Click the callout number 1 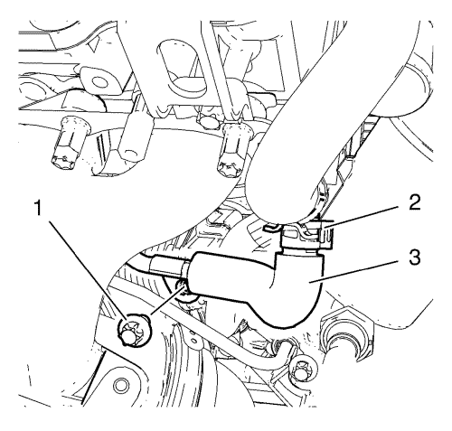tap(38, 208)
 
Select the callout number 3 tap(415, 259)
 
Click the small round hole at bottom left tap(119, 385)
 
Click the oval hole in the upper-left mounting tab tap(99, 81)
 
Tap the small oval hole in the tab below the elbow tap(194, 341)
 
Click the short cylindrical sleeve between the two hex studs tap(134, 133)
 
